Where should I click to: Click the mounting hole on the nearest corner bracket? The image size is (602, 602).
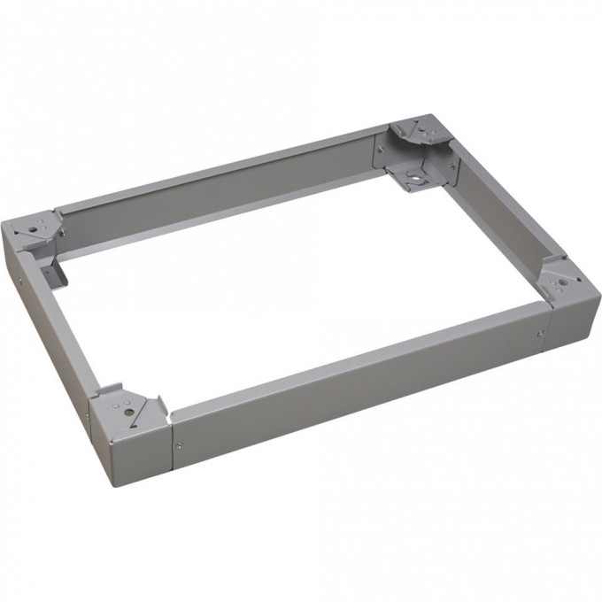click(x=129, y=410)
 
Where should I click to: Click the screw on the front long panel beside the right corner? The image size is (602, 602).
click(x=540, y=333)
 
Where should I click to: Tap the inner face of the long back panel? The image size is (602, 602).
click(x=221, y=199)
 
